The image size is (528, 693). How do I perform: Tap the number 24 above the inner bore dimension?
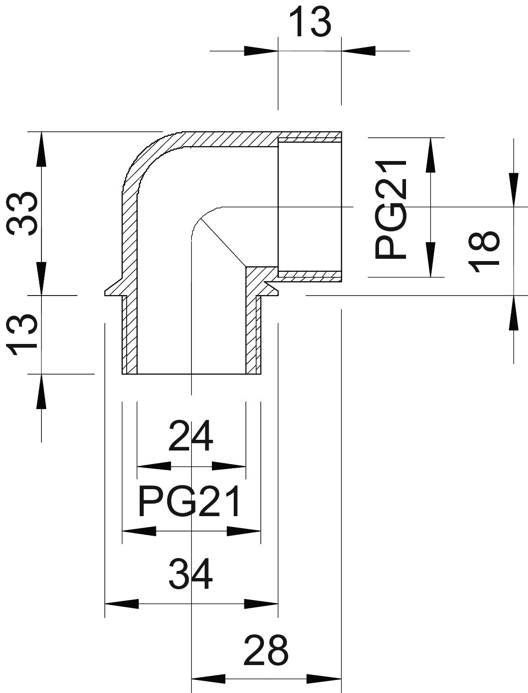pos(190,437)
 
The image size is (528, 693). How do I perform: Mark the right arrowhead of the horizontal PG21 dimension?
pos(243,531)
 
